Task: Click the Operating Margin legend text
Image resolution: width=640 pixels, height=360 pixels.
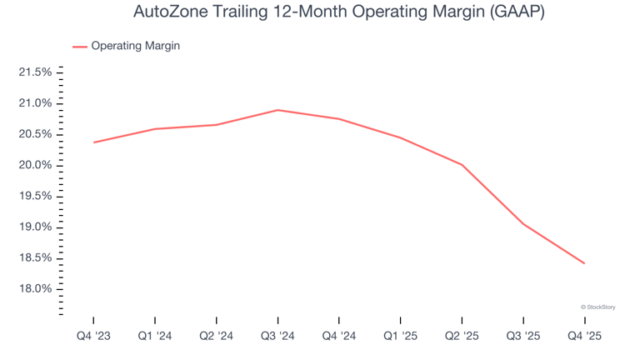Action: click(135, 46)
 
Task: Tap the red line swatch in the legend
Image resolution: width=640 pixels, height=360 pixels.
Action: click(80, 47)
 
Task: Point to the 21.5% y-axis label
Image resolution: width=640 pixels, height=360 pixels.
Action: click(35, 72)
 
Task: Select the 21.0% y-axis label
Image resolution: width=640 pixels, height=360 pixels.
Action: click(35, 103)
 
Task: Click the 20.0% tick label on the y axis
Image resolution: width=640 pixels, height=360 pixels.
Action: click(35, 165)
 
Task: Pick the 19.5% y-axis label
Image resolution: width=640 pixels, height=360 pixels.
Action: click(35, 196)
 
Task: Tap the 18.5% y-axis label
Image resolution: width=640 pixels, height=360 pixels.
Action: click(35, 258)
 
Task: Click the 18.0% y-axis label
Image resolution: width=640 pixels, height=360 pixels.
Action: click(35, 289)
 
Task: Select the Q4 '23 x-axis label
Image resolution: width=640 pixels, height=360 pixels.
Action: click(93, 336)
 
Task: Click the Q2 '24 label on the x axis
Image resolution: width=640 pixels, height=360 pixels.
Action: click(216, 336)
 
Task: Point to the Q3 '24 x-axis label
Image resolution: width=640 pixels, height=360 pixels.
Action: click(277, 336)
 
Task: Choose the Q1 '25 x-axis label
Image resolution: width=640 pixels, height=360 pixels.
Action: click(400, 336)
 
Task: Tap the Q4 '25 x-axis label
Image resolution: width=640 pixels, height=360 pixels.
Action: click(584, 336)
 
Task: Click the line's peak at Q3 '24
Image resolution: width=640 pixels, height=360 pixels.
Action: click(277, 110)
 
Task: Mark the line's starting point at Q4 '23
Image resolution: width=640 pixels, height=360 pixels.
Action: click(93, 142)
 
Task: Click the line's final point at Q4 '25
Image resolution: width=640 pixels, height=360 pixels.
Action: click(584, 263)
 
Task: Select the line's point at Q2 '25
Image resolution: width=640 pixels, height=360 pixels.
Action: click(462, 165)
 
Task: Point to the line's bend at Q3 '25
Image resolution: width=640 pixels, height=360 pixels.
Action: click(523, 224)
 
